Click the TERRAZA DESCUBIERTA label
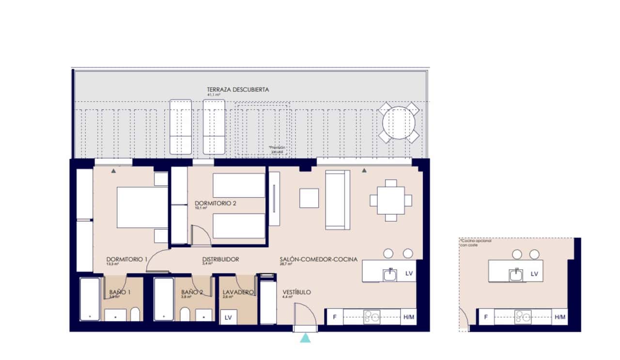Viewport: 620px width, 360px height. (237, 90)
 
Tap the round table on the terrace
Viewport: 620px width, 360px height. (399, 122)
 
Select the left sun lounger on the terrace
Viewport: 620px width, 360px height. (181, 127)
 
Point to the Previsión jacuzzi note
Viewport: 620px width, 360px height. (278, 149)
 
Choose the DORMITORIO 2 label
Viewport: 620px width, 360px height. (215, 203)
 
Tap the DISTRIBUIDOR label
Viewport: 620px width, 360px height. (220, 260)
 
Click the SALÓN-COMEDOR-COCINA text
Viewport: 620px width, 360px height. (318, 260)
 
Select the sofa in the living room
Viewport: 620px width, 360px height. (338, 200)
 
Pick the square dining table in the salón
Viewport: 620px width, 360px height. (390, 200)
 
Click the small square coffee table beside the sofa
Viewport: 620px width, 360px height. (309, 198)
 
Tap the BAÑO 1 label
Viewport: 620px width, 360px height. (120, 293)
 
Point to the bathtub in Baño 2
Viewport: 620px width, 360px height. (164, 299)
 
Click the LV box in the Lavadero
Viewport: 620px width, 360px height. (228, 318)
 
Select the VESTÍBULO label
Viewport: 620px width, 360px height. (296, 293)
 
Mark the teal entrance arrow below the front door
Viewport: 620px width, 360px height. (305, 338)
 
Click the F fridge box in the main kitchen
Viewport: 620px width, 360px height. (334, 317)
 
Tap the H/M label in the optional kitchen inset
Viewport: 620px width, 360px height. (560, 317)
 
